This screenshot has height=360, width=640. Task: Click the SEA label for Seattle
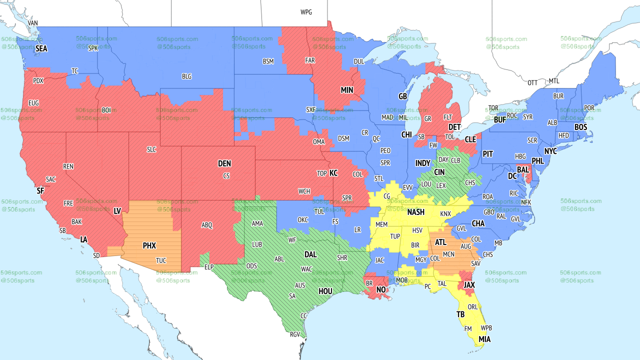click(x=41, y=49)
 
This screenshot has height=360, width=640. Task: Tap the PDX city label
click(x=38, y=80)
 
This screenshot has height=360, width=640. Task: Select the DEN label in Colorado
click(x=224, y=163)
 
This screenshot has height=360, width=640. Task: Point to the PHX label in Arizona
click(x=149, y=246)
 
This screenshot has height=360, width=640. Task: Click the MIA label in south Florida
click(x=484, y=339)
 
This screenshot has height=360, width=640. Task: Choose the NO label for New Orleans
click(x=381, y=290)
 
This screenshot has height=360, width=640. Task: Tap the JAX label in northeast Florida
click(x=468, y=285)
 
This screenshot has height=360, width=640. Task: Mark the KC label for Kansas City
click(x=333, y=173)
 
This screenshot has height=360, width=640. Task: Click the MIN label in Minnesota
click(x=347, y=90)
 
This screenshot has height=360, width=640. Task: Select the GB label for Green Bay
click(x=402, y=96)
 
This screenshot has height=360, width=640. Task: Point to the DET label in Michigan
click(x=454, y=127)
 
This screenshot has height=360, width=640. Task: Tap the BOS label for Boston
click(x=580, y=127)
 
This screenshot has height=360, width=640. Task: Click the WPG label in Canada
click(x=306, y=12)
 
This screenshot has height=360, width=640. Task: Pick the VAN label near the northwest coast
click(x=33, y=23)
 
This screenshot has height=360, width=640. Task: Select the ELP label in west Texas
click(x=209, y=267)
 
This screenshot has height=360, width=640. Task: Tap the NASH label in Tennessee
click(x=415, y=212)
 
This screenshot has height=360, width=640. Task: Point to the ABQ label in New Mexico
click(x=207, y=225)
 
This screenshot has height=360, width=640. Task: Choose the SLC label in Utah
click(x=151, y=149)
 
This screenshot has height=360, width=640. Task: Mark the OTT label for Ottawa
click(x=533, y=82)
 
